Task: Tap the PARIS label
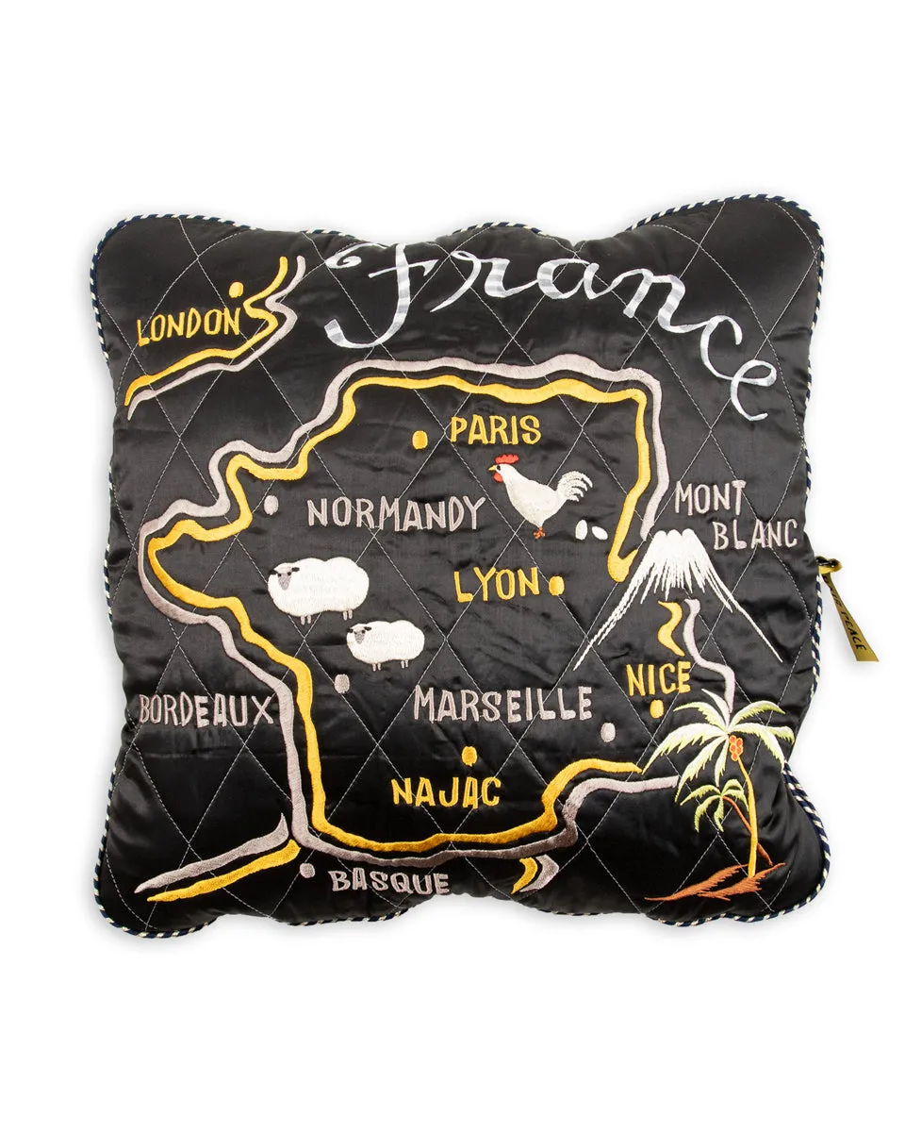494,431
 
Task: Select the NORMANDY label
395,514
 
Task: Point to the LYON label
497,585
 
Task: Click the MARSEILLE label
503,705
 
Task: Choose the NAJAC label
446,791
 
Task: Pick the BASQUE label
388,882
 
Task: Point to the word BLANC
754,536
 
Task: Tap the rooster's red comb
501,463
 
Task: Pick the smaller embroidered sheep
386,643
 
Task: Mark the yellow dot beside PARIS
420,439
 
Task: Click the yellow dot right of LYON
556,586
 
